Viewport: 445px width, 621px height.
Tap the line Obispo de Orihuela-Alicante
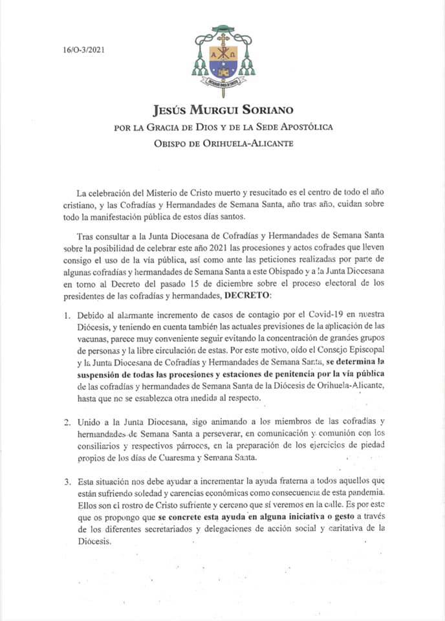[x=222, y=142]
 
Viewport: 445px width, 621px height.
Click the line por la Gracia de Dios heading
[x=222, y=126]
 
